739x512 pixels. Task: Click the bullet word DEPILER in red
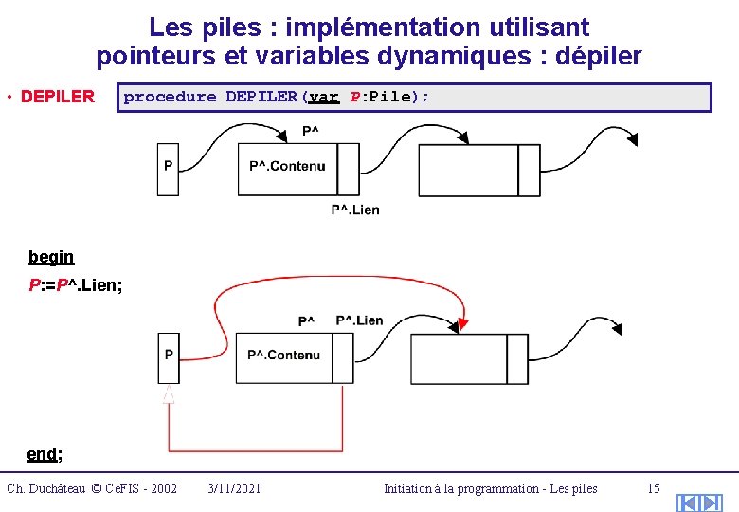point(58,97)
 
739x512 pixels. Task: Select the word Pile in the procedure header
point(389,97)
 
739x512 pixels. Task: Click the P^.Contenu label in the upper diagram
point(287,166)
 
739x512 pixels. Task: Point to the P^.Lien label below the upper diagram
point(355,210)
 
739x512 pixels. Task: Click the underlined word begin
point(51,257)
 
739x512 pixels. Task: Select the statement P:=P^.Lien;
point(76,284)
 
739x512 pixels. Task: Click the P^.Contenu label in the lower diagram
point(285,355)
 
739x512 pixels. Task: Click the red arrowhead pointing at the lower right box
point(460,326)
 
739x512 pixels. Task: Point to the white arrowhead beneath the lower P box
point(169,393)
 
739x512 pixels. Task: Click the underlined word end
point(43,454)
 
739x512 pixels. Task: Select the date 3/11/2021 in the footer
point(234,488)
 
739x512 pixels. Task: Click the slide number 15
point(653,488)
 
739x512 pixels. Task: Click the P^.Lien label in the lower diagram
point(360,320)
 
